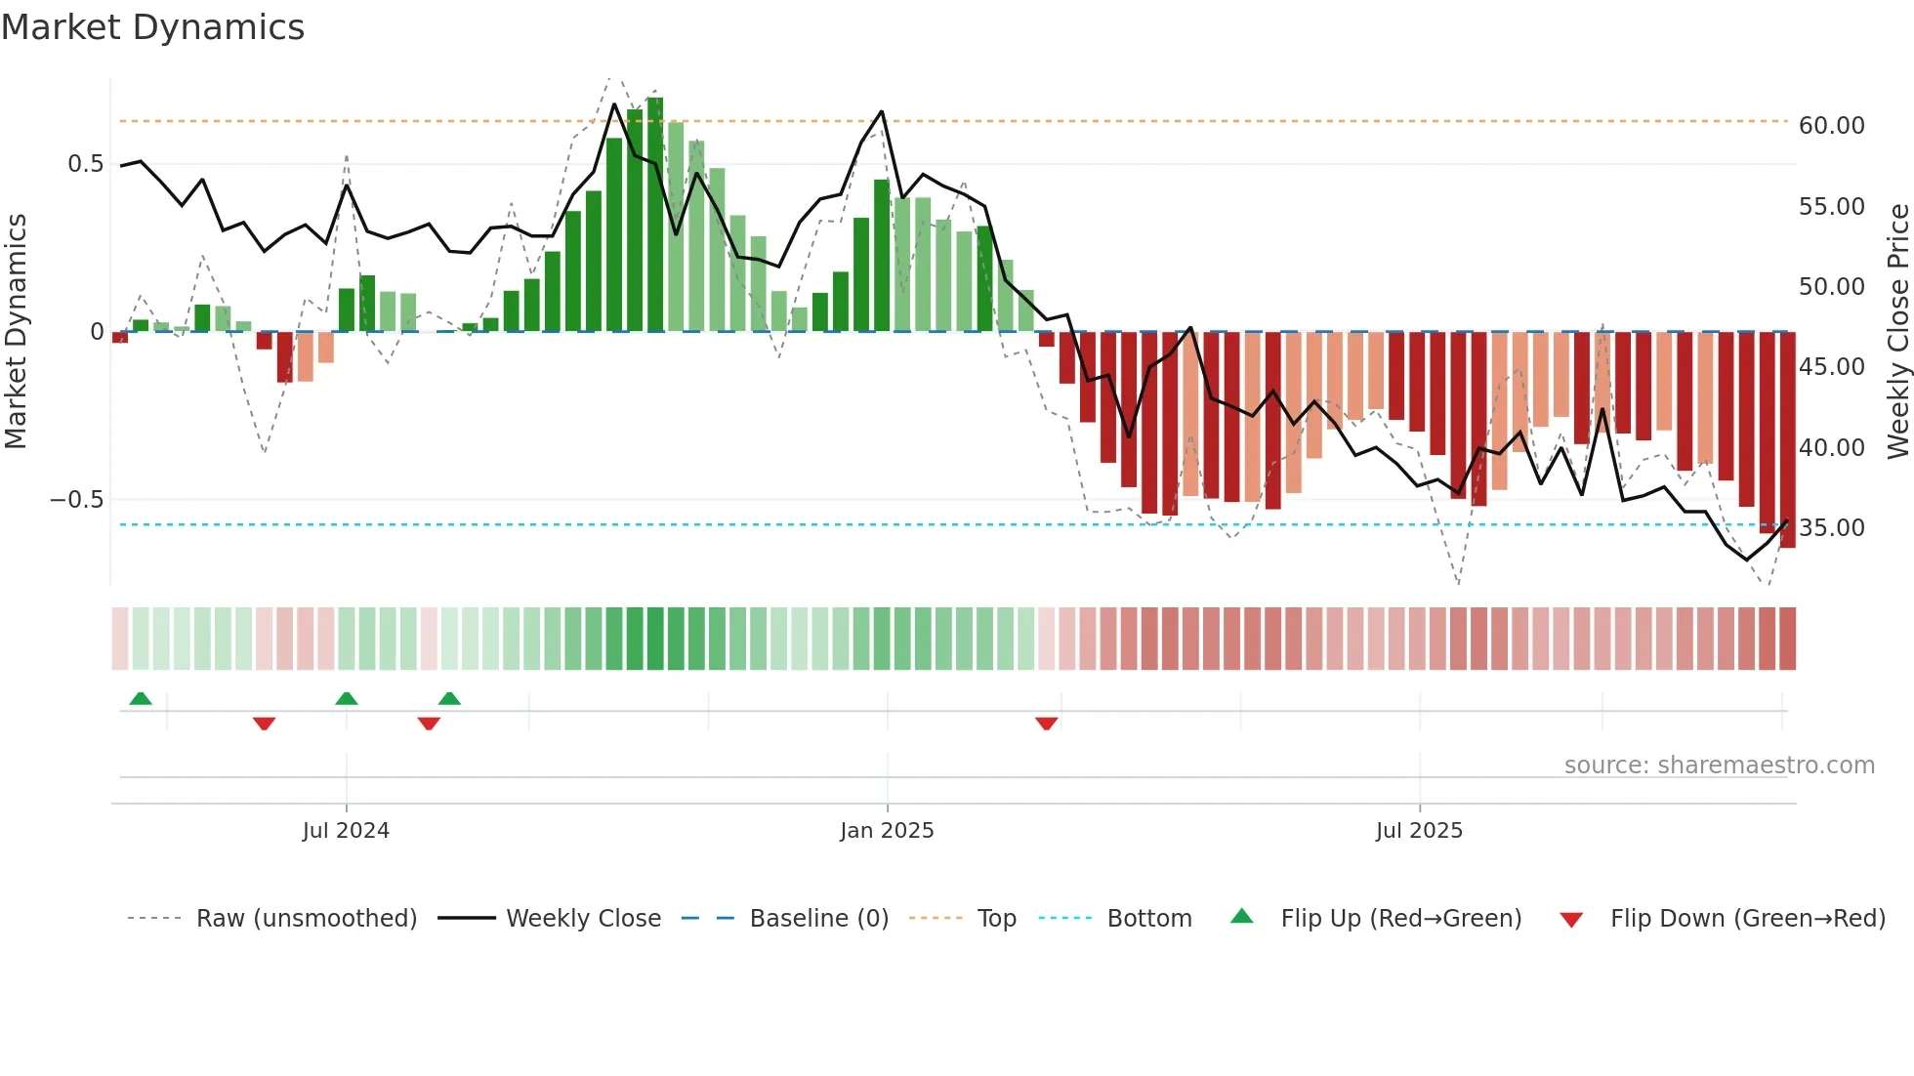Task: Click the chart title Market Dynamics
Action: [x=152, y=27]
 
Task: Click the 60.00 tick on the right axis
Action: [x=1831, y=126]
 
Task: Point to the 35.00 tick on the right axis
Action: [x=1831, y=528]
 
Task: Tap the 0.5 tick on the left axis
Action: [x=85, y=164]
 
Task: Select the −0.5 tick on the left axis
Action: [x=77, y=500]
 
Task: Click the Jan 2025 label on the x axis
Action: [x=887, y=831]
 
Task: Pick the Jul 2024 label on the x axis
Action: [x=346, y=831]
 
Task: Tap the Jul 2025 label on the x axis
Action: [x=1419, y=831]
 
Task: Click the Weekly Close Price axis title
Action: [x=1897, y=331]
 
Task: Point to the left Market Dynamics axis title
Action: [x=16, y=331]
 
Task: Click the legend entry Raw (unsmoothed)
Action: [x=306, y=919]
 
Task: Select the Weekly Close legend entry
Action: [x=583, y=919]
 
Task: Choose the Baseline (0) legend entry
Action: [x=818, y=919]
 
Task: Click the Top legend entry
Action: [x=996, y=919]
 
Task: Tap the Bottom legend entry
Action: [x=1148, y=919]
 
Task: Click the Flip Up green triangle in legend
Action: [x=1241, y=916]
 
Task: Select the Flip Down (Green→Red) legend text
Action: [x=1747, y=919]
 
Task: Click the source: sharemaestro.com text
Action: [x=1719, y=766]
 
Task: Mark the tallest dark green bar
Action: [x=655, y=215]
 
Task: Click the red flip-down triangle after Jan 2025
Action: [x=1046, y=724]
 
